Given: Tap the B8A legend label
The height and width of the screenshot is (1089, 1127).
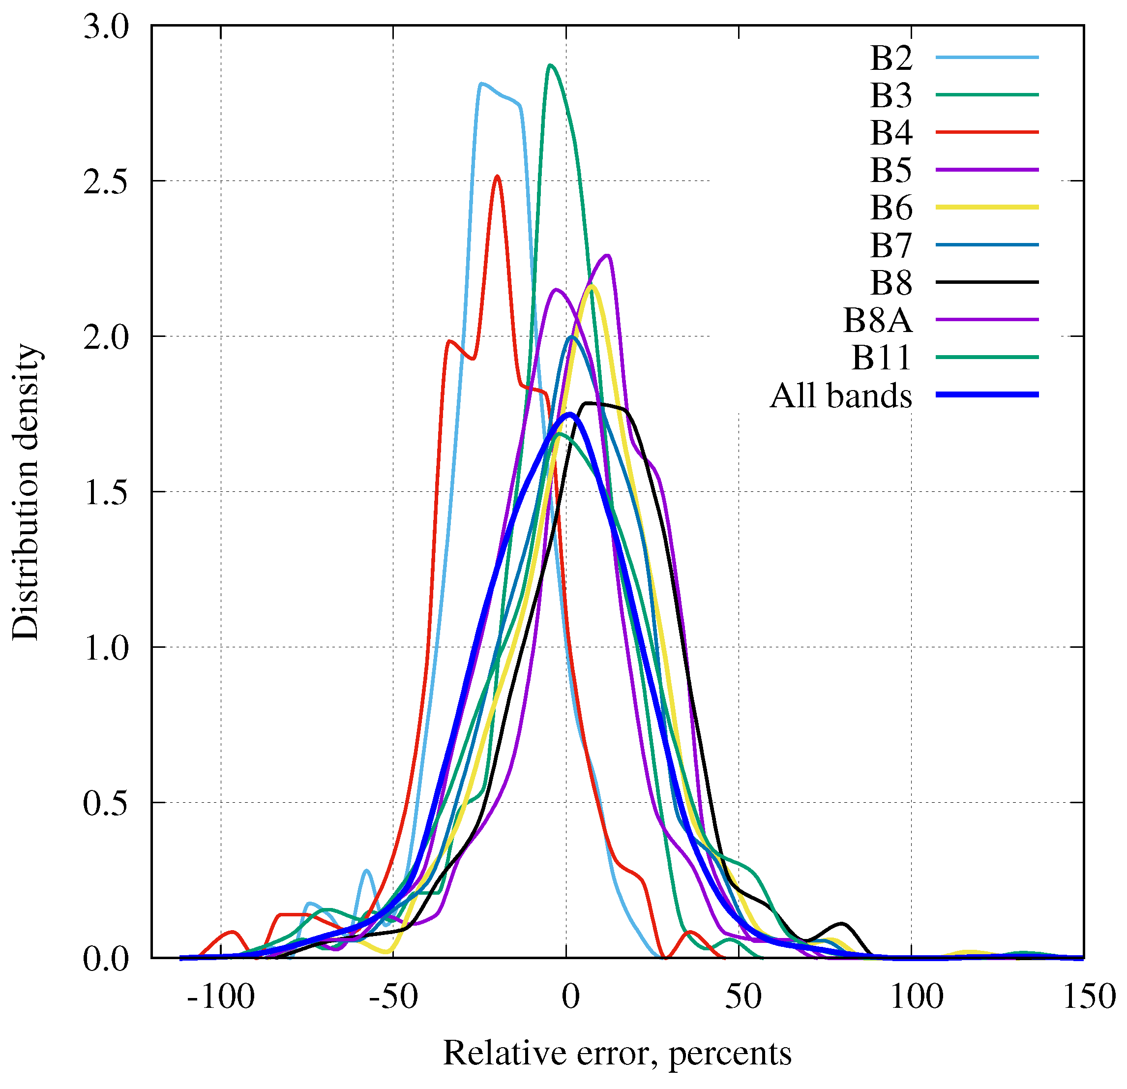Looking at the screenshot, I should tap(877, 320).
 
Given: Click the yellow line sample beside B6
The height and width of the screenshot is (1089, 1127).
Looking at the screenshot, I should tap(987, 207).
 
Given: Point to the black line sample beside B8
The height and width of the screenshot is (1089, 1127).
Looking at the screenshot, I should tap(987, 282).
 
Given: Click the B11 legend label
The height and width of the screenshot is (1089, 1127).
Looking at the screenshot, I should tap(882, 358).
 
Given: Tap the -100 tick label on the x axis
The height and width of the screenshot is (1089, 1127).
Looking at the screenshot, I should tap(221, 997).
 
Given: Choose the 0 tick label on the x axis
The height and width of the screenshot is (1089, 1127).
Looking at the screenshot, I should tap(570, 997).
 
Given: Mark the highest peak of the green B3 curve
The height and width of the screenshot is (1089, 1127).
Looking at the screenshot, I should tap(550, 65).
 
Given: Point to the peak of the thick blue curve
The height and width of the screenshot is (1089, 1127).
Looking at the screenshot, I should tap(570, 414).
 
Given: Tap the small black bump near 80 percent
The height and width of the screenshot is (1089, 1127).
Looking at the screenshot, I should tap(843, 924).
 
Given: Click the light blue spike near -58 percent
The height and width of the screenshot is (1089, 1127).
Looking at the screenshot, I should tap(367, 871).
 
